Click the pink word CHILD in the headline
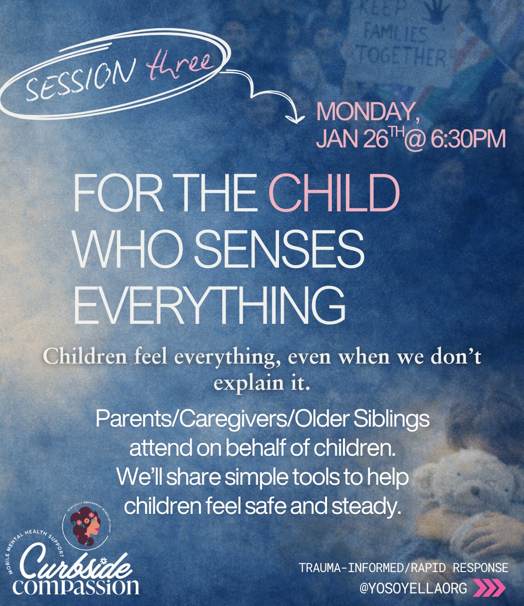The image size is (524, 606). click(334, 193)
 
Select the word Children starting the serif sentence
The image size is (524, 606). click(84, 357)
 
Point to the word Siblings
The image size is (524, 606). click(391, 419)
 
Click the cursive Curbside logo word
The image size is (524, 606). click(75, 562)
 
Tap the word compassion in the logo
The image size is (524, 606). click(76, 586)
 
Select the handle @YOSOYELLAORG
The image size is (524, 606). click(413, 588)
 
